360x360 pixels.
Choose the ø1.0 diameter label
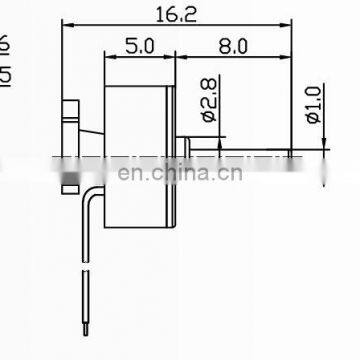click(x=314, y=104)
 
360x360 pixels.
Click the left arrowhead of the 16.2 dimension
click(x=67, y=29)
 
